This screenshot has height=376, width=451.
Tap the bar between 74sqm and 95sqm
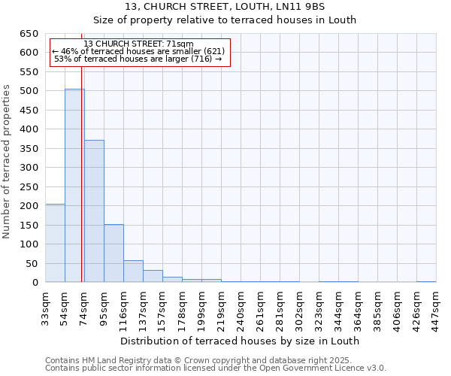94,211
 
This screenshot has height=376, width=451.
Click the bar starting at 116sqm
133,271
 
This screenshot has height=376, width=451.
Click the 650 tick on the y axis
29,34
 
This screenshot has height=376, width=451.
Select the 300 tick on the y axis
29,168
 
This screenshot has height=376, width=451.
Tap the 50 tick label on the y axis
32,264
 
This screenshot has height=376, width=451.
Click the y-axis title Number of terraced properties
7,162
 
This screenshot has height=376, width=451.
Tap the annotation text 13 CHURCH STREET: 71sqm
139,44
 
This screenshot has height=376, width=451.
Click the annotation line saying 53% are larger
139,59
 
